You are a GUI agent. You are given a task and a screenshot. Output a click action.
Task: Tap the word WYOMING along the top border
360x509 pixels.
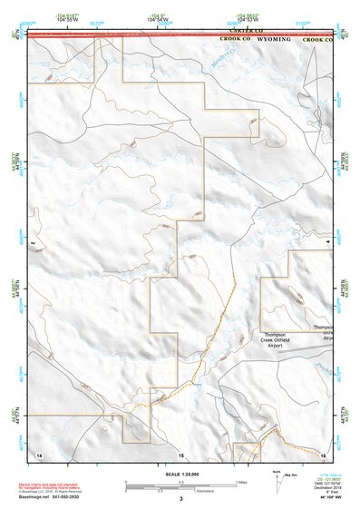coord(274,40)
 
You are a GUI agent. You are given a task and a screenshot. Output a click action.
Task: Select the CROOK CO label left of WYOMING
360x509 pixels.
coord(235,40)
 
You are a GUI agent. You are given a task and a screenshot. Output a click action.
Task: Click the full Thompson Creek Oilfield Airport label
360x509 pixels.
coord(275,340)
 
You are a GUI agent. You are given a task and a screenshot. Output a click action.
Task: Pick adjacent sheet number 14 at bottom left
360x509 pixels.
coord(38,453)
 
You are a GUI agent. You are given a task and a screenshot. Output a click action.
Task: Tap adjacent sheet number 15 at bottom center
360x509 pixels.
coord(180,453)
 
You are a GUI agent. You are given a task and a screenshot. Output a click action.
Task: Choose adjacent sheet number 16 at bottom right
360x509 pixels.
coord(323,453)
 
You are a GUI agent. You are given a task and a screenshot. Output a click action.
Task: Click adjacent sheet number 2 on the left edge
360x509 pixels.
coord(33,242)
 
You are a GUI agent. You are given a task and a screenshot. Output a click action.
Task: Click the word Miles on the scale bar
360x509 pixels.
coord(239,482)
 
